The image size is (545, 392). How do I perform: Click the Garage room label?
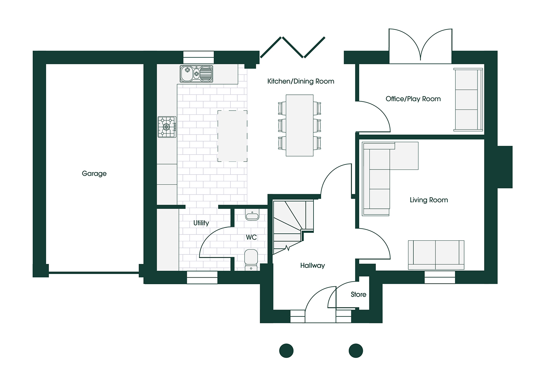[94, 174]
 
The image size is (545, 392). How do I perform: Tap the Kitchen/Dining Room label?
[301, 81]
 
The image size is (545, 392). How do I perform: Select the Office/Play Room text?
[413, 99]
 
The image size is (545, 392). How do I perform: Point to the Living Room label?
[429, 200]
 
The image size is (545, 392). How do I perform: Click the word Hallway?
[312, 265]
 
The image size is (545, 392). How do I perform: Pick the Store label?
[358, 295]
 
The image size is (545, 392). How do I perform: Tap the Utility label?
[201, 223]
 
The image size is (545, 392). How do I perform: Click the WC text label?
[251, 237]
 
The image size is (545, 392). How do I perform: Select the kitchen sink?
[196, 74]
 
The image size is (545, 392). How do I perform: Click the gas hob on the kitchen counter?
[167, 127]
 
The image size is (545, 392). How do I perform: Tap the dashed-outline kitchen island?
[232, 136]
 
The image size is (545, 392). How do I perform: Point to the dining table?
[299, 125]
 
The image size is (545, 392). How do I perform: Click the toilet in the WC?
[251, 260]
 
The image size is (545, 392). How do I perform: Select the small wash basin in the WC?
[252, 215]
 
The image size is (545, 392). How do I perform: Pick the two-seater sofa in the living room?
[436, 255]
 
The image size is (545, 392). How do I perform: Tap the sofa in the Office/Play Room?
[468, 99]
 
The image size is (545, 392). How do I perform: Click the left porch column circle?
[286, 351]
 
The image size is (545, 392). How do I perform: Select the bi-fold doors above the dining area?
[293, 48]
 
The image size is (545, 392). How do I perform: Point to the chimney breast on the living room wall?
[505, 167]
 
